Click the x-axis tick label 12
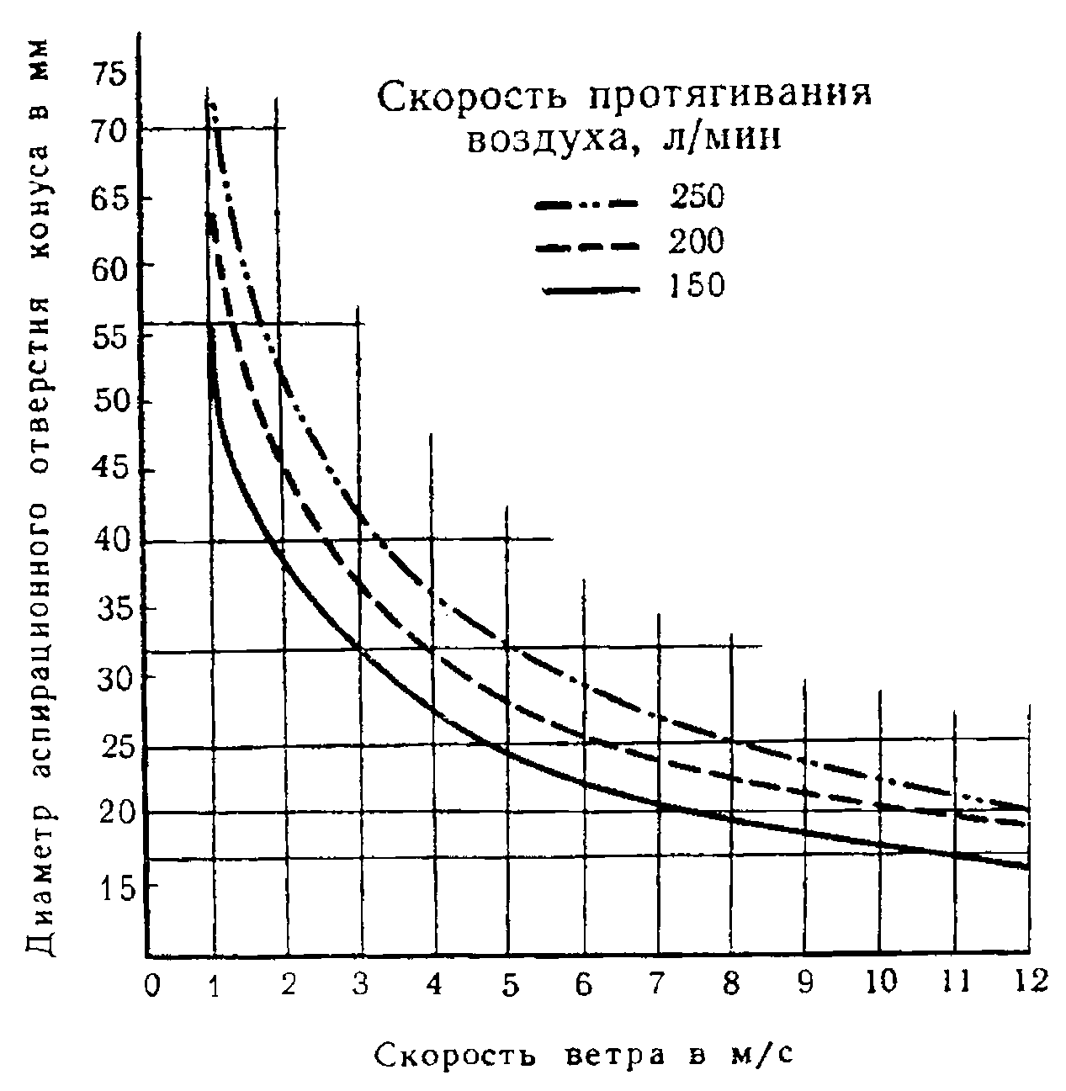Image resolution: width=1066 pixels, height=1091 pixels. [x=1027, y=981]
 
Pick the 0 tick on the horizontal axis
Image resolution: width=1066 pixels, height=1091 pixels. [x=151, y=984]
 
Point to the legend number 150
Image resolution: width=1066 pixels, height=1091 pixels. [x=697, y=286]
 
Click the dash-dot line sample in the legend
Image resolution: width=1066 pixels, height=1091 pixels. [x=590, y=203]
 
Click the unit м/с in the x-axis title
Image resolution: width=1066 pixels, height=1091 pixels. [x=754, y=1054]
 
